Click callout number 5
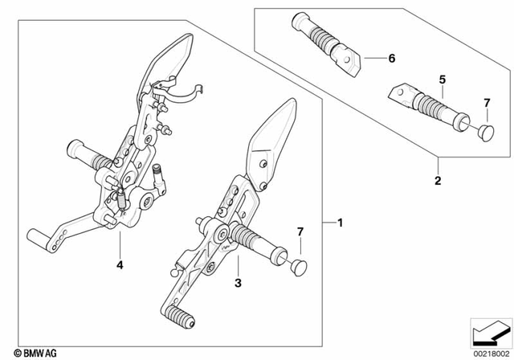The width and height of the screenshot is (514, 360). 442,80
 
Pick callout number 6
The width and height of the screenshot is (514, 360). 391,59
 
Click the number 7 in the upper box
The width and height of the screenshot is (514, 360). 485,103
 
